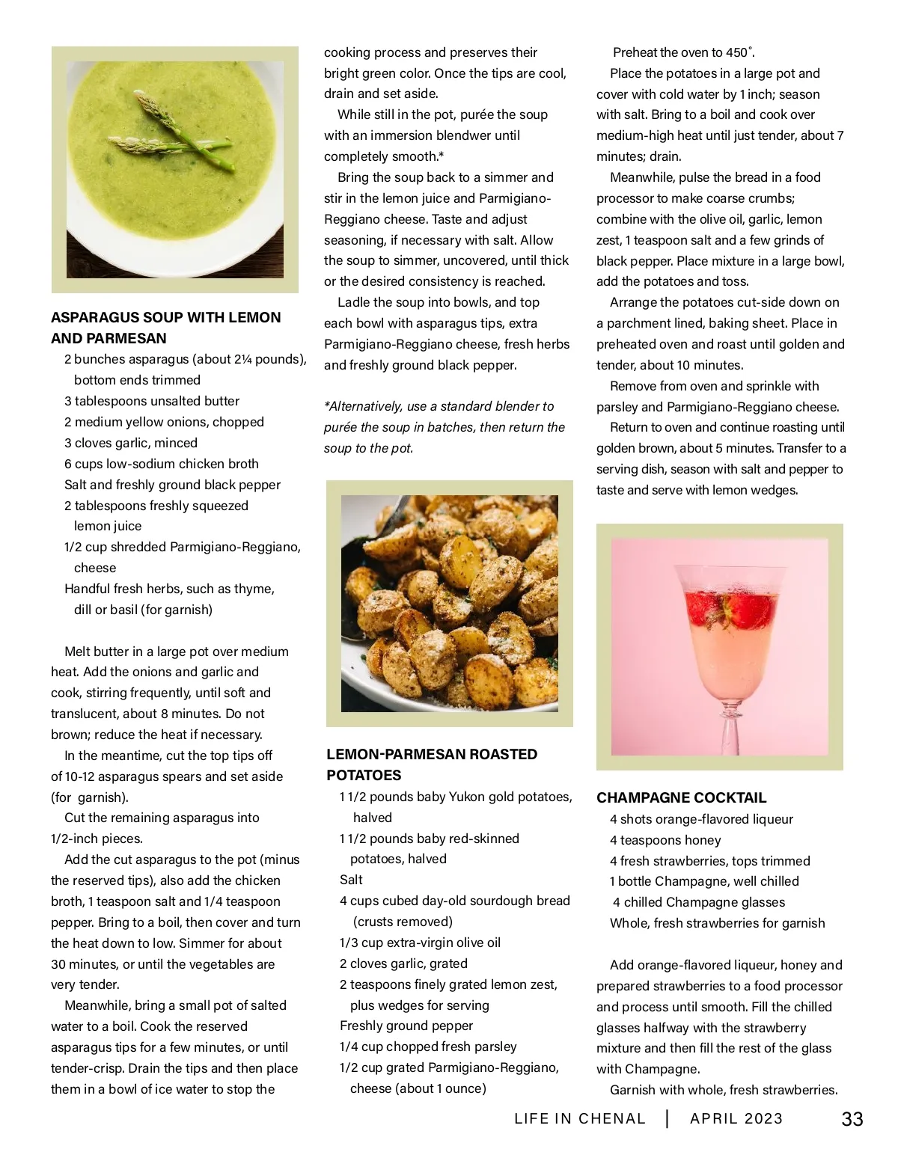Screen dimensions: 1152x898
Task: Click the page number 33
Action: pyautogui.click(x=852, y=1119)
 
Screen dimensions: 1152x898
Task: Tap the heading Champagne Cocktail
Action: pyautogui.click(x=681, y=797)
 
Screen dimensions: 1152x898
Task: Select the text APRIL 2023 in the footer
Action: pyautogui.click(x=736, y=1118)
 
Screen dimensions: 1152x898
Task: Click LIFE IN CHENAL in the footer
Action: pyautogui.click(x=580, y=1118)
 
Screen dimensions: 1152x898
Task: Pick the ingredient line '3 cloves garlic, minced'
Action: pyautogui.click(x=131, y=443)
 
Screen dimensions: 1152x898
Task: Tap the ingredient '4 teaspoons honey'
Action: pyautogui.click(x=665, y=840)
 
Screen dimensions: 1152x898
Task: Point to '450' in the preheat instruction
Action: pyautogui.click(x=736, y=52)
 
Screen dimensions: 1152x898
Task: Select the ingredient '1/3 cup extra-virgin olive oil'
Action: pyautogui.click(x=420, y=943)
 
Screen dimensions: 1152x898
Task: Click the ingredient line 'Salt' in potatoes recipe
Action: pyautogui.click(x=351, y=880)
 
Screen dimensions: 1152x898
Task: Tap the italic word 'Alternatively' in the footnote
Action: pyautogui.click(x=365, y=406)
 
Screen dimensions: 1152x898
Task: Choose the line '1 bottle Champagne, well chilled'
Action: pyautogui.click(x=704, y=881)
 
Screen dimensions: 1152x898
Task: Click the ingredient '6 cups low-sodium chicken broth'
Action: pyautogui.click(x=162, y=464)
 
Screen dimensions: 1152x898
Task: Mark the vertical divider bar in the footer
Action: pyautogui.click(x=667, y=1118)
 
